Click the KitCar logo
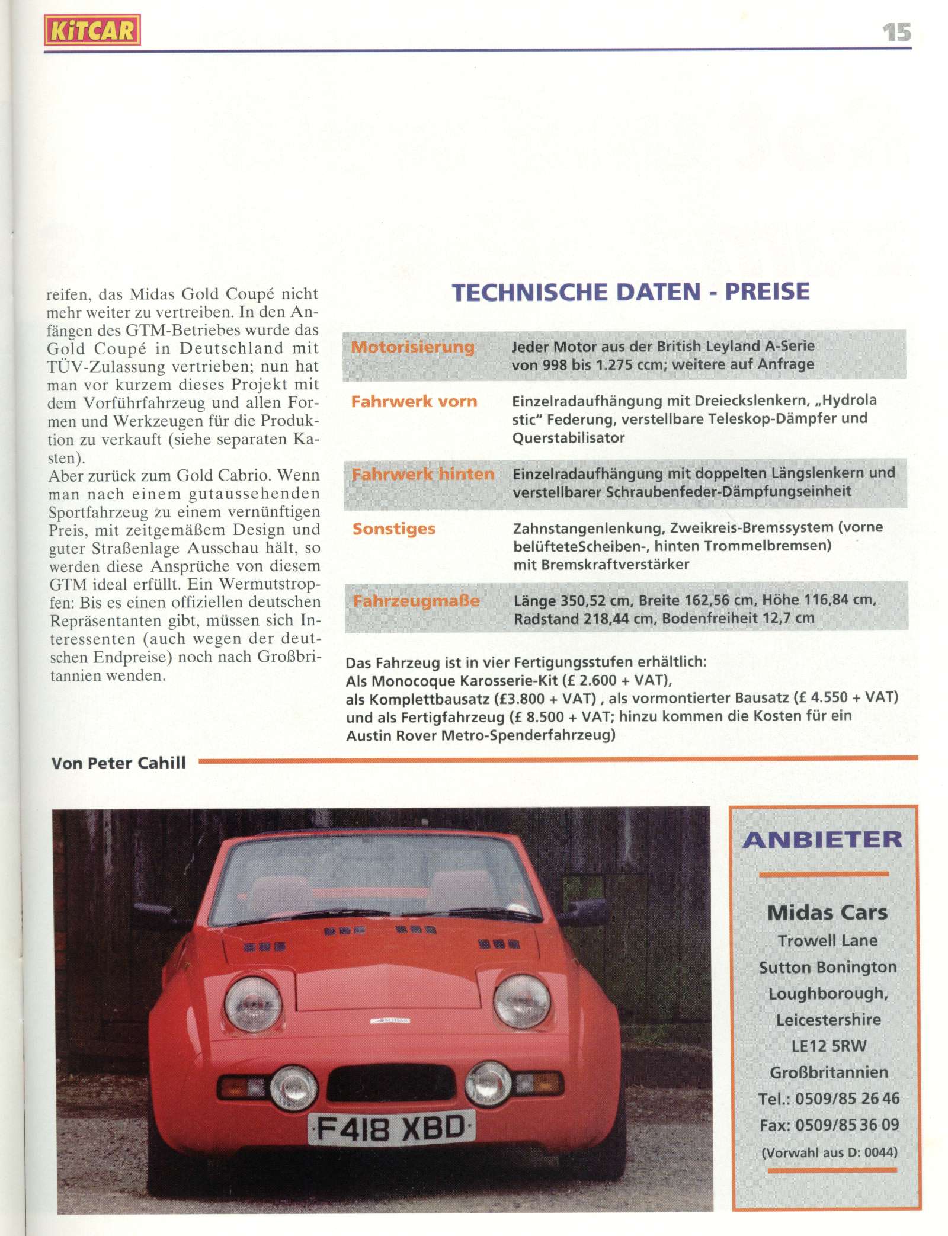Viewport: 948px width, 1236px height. [92, 30]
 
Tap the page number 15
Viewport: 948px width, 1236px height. [896, 31]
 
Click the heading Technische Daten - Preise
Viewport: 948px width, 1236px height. [630, 292]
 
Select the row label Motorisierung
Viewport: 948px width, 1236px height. [413, 347]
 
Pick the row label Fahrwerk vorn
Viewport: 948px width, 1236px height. [414, 401]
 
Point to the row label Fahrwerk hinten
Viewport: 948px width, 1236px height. [423, 474]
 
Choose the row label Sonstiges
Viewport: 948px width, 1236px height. [394, 529]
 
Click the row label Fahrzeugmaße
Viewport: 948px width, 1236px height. [417, 601]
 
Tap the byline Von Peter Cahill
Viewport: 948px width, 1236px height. [118, 763]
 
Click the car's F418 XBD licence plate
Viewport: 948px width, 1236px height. [392, 1129]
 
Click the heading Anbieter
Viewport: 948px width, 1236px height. [822, 840]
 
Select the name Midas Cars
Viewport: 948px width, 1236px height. [827, 912]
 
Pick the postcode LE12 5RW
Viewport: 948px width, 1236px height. [828, 1045]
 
